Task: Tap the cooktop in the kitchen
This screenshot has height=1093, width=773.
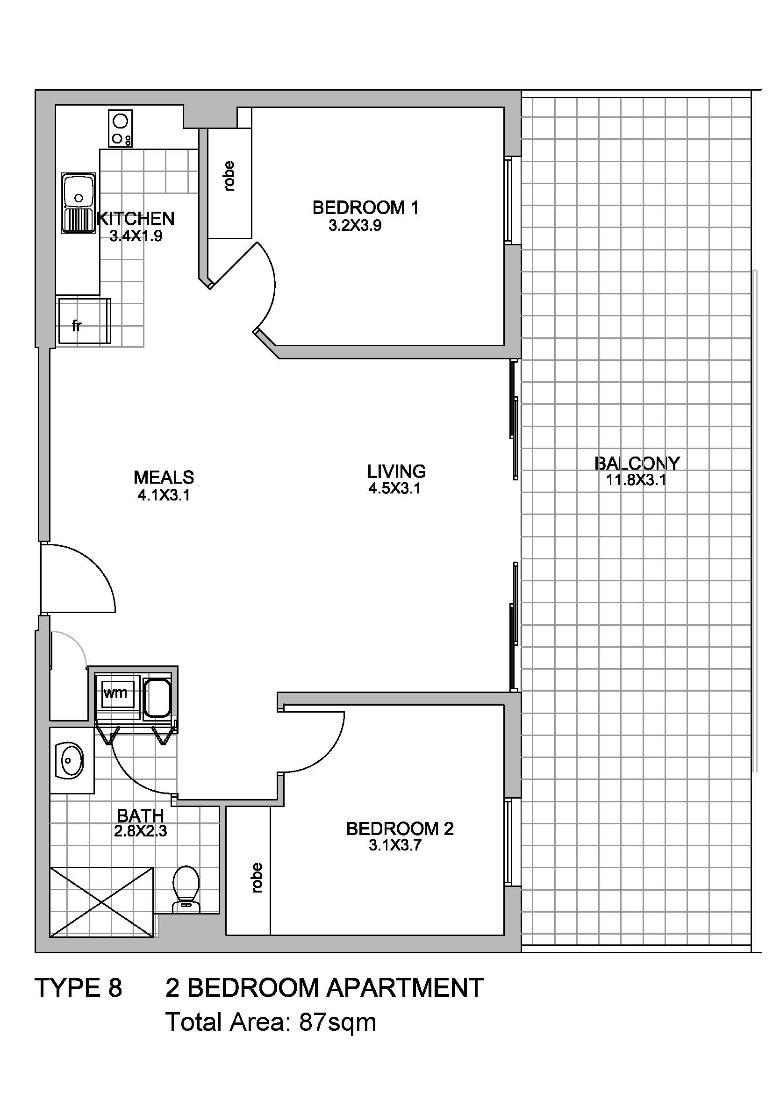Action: pyautogui.click(x=121, y=128)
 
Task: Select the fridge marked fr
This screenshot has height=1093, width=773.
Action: pyautogui.click(x=84, y=321)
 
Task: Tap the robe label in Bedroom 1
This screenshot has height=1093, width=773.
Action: pyautogui.click(x=229, y=177)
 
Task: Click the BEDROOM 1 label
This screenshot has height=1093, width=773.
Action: pyautogui.click(x=365, y=207)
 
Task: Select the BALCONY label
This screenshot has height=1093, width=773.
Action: pyautogui.click(x=637, y=463)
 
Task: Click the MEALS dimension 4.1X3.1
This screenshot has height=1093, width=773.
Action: pyautogui.click(x=164, y=495)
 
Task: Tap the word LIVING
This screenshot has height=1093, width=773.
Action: pyautogui.click(x=396, y=471)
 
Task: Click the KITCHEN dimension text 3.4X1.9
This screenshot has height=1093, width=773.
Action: pyautogui.click(x=136, y=236)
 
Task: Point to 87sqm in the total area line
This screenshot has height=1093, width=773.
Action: pyautogui.click(x=337, y=1022)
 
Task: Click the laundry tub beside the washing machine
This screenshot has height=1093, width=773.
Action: pyautogui.click(x=157, y=697)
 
